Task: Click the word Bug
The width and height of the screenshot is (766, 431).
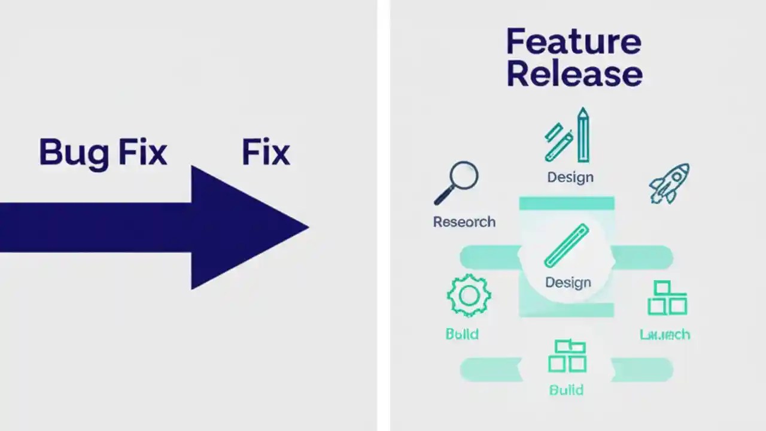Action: [74, 153]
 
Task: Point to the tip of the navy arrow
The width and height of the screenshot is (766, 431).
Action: [307, 227]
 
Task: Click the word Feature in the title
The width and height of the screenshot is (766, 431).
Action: [573, 42]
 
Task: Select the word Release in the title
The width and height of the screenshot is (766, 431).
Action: [574, 74]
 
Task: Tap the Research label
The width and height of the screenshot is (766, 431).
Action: [464, 222]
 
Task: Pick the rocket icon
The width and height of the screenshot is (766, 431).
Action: [670, 183]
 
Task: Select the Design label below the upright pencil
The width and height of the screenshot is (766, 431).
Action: [570, 177]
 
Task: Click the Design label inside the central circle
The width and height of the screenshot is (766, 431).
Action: [568, 282]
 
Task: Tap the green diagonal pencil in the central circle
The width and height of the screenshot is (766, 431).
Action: [567, 245]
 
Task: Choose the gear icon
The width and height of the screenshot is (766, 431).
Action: [469, 295]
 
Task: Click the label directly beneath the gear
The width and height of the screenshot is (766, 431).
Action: [462, 334]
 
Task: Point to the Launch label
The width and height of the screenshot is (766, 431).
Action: [665, 335]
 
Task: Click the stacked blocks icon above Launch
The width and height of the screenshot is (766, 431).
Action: [667, 298]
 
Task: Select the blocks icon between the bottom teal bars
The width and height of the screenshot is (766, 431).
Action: [567, 356]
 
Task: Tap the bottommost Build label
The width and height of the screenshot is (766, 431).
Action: [566, 390]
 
